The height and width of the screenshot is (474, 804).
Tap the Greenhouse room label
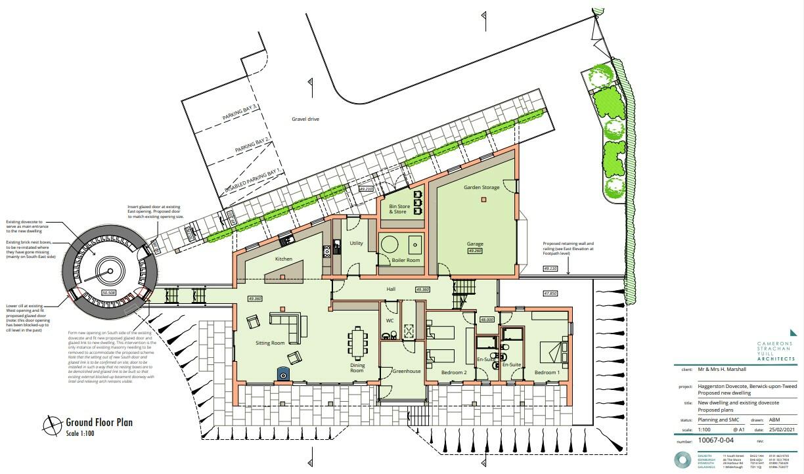point(406,371)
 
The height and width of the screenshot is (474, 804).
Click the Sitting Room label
point(269,343)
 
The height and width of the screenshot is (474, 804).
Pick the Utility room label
point(356,243)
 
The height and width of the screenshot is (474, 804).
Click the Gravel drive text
point(305,119)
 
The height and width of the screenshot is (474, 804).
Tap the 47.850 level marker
point(549,293)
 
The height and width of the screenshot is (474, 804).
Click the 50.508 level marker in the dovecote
point(108,292)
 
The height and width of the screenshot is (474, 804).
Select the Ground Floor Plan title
point(99,422)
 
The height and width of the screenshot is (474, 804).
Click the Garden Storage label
point(481,188)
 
